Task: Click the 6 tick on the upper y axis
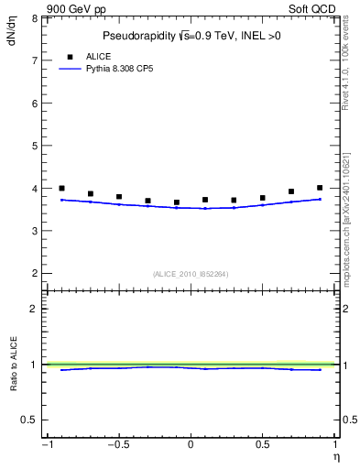point(34,104)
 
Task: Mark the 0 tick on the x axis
point(191,445)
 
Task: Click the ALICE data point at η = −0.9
point(61,188)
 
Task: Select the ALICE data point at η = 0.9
point(320,188)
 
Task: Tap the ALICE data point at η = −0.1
point(177,202)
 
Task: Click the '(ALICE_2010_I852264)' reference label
point(190,273)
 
